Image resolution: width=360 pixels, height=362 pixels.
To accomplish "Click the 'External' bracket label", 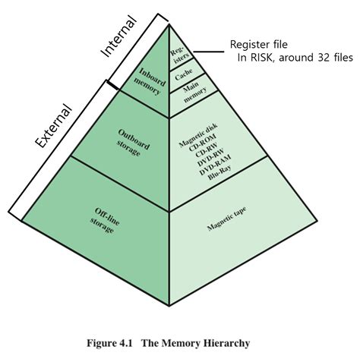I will point(54,126).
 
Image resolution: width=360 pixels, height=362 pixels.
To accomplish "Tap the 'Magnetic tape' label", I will point(229,223).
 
